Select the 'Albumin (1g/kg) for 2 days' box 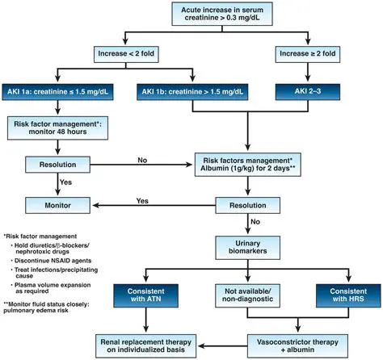click(x=247, y=166)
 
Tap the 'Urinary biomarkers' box click(x=246, y=247)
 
